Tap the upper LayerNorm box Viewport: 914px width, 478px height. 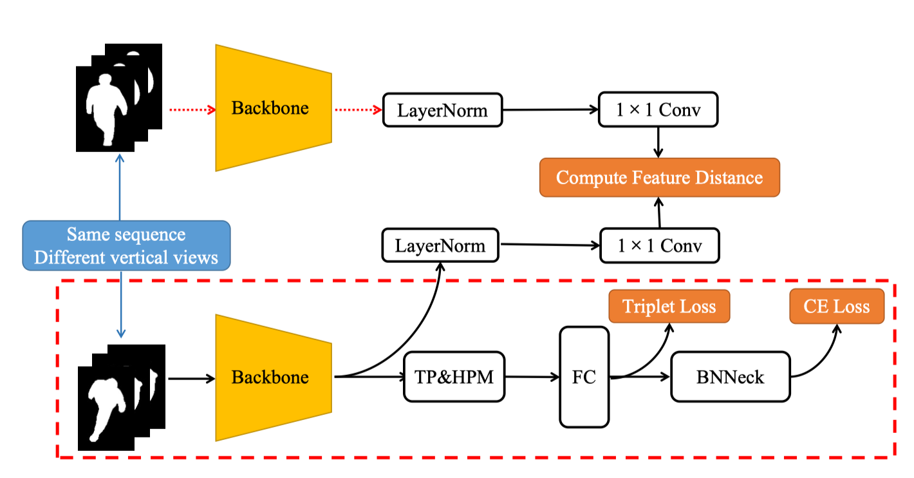[442, 110]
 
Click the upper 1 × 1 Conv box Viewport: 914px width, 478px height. [658, 110]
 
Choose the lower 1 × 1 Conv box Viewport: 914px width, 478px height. [659, 245]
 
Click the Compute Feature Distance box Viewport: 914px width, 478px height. [659, 177]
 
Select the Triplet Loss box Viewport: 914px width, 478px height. [669, 306]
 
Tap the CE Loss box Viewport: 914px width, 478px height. [836, 306]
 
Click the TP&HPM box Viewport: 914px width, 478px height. [454, 377]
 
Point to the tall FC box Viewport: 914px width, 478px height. [584, 377]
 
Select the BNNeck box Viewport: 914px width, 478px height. [730, 377]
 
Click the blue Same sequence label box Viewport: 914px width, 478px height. [126, 245]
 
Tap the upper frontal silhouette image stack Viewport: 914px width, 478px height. [116, 97]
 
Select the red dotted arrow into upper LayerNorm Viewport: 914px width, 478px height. [357, 110]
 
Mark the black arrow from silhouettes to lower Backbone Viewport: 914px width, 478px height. [191, 378]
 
